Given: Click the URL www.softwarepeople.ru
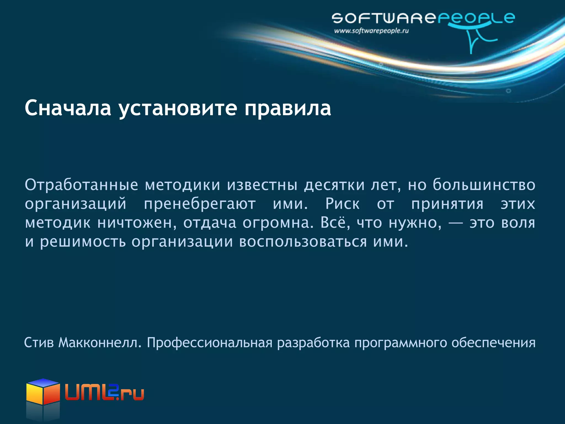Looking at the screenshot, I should click(x=371, y=31).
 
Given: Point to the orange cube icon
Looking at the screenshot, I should click(x=43, y=392).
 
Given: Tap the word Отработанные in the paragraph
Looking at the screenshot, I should click(x=81, y=185).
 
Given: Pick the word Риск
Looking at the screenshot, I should click(x=342, y=204).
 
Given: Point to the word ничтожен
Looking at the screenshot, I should click(x=137, y=223).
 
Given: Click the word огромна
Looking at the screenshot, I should click(x=278, y=223).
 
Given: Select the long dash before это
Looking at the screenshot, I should click(x=455, y=223).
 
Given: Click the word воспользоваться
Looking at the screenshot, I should click(x=303, y=242).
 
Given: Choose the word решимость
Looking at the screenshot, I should click(x=83, y=242).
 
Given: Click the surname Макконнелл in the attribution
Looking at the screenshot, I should click(x=100, y=343).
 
